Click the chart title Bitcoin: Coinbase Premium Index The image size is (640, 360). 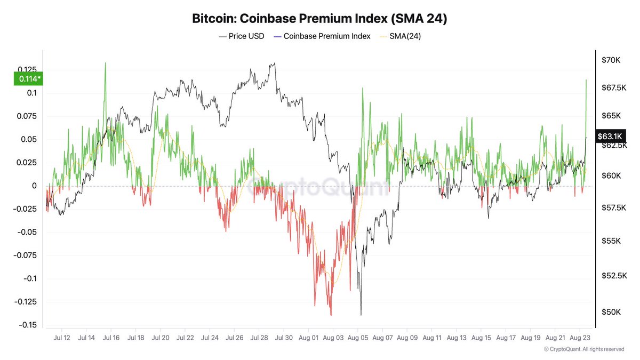pyautogui.click(x=319, y=19)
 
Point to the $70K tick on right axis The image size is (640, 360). pyautogui.click(x=610, y=60)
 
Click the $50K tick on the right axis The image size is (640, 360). pyautogui.click(x=610, y=311)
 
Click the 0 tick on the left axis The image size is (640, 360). pyautogui.click(x=34, y=186)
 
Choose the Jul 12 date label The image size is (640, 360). pyautogui.click(x=62, y=338)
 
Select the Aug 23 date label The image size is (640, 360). pyautogui.click(x=580, y=338)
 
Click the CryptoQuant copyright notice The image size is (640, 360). pyautogui.click(x=583, y=349)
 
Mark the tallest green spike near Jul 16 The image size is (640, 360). pyautogui.click(x=105, y=63)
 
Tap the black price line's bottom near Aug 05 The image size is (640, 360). pyautogui.click(x=361, y=314)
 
